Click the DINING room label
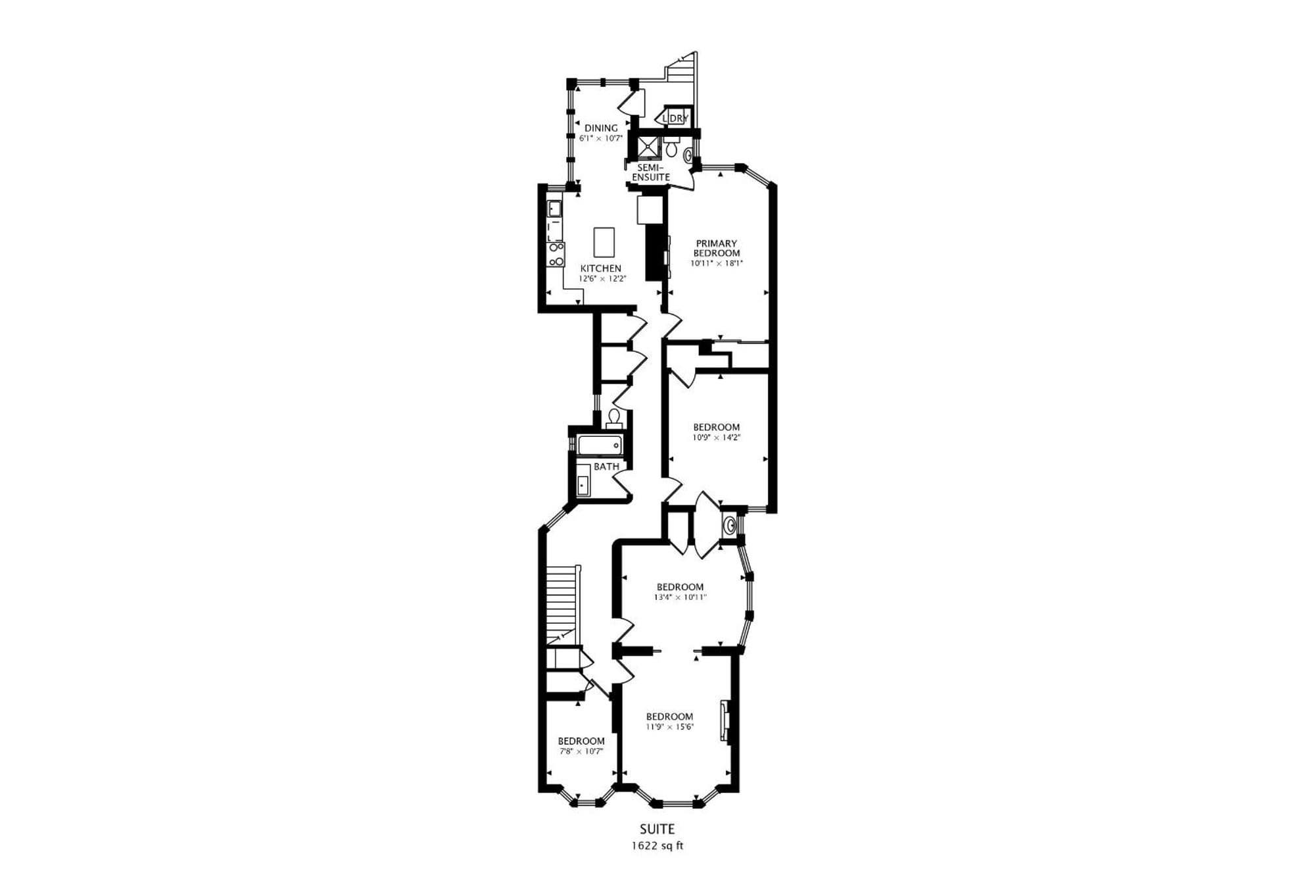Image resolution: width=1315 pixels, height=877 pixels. (x=601, y=128)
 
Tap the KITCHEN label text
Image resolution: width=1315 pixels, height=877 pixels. (x=601, y=268)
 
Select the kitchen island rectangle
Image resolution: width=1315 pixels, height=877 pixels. (x=604, y=242)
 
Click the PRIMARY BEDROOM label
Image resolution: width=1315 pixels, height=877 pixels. (x=716, y=248)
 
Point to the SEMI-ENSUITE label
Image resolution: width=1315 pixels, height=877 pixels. (x=651, y=172)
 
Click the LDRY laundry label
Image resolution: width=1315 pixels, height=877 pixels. (x=676, y=118)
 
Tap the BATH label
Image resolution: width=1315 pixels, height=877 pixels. (x=606, y=466)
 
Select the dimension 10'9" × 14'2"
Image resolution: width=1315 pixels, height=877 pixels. (x=716, y=437)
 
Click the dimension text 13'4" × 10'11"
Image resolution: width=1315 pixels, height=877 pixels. (x=680, y=597)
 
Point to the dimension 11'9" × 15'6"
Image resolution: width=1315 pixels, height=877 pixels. (x=669, y=727)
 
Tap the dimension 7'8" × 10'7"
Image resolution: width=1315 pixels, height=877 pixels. (x=581, y=751)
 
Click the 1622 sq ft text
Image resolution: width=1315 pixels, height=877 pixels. (x=657, y=846)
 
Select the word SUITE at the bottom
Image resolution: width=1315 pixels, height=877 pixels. (x=657, y=830)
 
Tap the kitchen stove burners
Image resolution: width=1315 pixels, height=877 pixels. (x=556, y=254)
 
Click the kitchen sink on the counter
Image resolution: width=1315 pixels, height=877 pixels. (x=555, y=209)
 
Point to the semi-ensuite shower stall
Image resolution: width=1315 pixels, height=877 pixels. (x=647, y=147)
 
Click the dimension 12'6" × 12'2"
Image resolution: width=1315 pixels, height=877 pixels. (x=602, y=279)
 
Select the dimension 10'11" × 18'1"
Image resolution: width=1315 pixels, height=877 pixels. (x=716, y=263)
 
